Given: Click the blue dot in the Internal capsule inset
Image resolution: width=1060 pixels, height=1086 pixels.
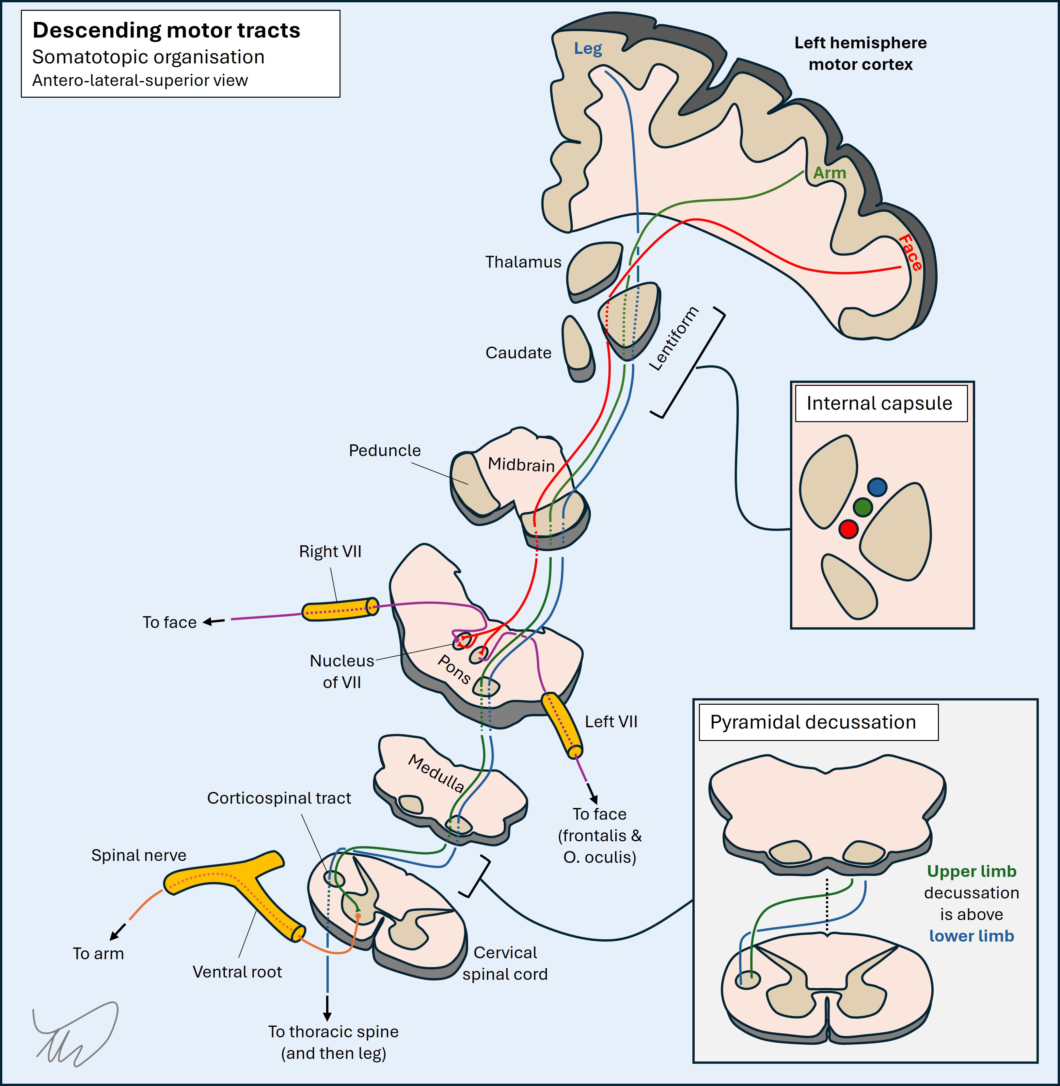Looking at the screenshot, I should (x=877, y=487).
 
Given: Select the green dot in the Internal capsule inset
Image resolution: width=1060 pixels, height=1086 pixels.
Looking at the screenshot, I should (x=862, y=507).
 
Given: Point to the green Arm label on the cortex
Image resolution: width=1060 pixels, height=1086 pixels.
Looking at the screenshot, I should (x=830, y=173).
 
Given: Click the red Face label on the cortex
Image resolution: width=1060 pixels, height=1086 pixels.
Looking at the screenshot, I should (x=910, y=253).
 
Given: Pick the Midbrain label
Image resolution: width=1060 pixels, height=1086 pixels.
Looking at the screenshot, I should (x=521, y=464).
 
